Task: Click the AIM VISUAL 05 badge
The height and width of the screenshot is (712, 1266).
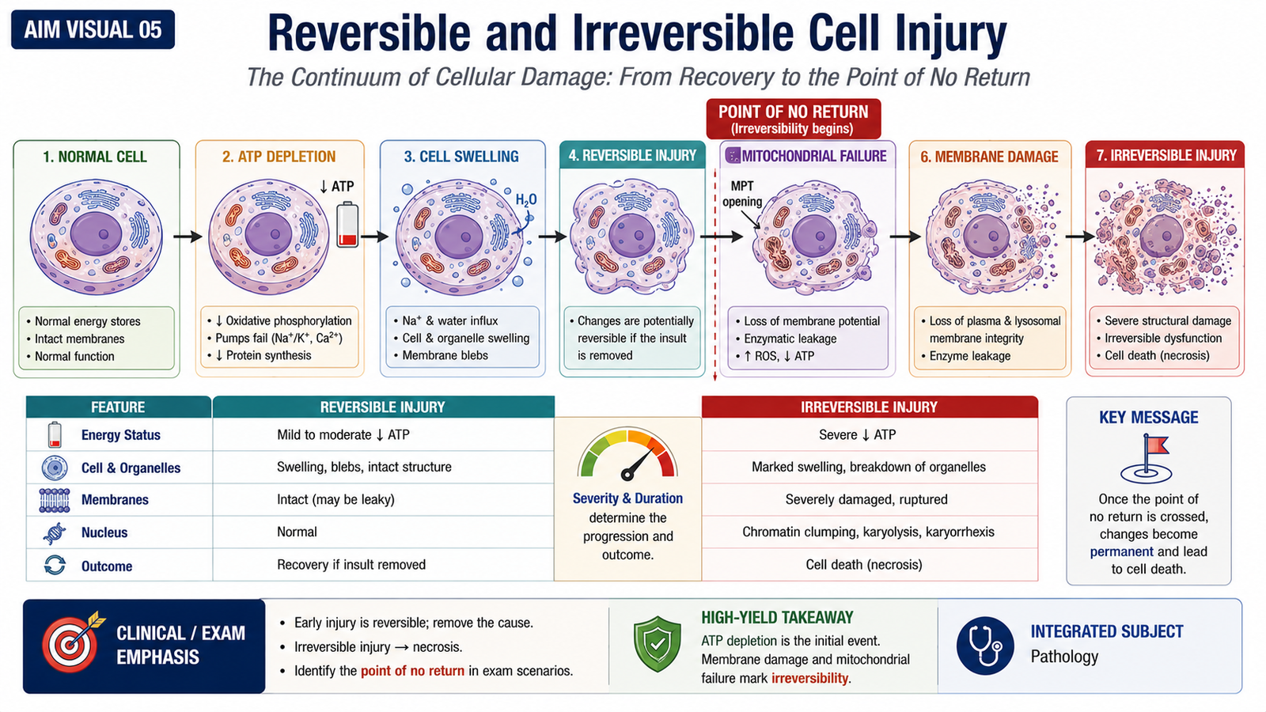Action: (x=93, y=29)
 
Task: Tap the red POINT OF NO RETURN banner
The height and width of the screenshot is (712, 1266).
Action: (x=794, y=119)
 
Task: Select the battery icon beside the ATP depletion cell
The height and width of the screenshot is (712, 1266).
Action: (x=347, y=225)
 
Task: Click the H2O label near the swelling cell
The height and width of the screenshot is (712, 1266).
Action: (x=526, y=199)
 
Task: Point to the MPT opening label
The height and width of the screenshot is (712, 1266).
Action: (x=743, y=194)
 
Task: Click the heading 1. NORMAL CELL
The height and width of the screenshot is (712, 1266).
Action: (x=95, y=157)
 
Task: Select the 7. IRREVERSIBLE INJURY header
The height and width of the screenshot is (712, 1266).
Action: (x=1166, y=155)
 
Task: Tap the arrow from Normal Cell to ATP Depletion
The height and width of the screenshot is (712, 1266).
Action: (x=188, y=237)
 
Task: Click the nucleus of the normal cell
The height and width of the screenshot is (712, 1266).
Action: (x=96, y=234)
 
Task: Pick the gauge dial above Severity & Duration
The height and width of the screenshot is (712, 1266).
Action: (x=627, y=454)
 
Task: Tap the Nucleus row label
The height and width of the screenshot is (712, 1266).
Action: (x=104, y=532)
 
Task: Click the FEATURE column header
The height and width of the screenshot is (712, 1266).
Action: (x=119, y=407)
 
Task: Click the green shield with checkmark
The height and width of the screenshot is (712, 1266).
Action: (x=658, y=644)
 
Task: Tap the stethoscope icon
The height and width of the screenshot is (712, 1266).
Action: (x=985, y=646)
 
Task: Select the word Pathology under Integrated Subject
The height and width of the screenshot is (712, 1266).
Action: (x=1064, y=657)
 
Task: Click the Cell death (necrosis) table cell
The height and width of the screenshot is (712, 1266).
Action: (x=863, y=565)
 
